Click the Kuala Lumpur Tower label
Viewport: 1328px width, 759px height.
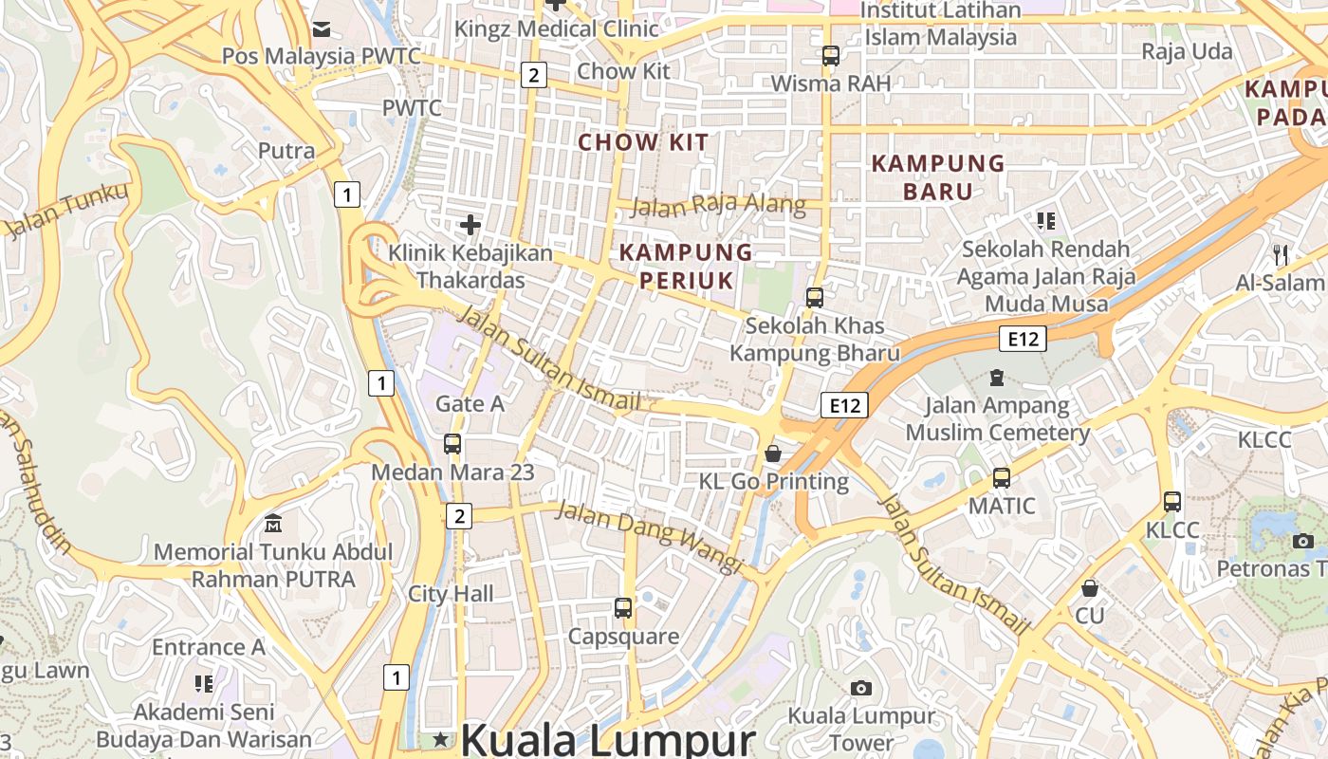click(x=861, y=729)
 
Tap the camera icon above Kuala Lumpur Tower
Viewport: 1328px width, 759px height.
click(x=861, y=688)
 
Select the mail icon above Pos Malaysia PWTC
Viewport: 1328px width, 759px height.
click(x=321, y=29)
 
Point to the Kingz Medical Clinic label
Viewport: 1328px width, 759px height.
click(x=556, y=28)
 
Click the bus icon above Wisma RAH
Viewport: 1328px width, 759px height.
click(x=831, y=56)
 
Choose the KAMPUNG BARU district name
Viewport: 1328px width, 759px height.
click(x=938, y=177)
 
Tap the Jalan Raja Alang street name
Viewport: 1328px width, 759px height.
click(x=718, y=205)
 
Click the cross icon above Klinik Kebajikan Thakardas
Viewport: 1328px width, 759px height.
click(x=470, y=225)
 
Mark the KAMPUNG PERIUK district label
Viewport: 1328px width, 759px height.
click(x=686, y=267)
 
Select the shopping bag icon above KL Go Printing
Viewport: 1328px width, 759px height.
click(x=773, y=454)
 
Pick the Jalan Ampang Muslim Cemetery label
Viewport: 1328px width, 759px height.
click(x=997, y=419)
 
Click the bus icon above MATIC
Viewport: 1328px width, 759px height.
click(x=1002, y=478)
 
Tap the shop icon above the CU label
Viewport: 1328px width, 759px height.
click(x=1090, y=588)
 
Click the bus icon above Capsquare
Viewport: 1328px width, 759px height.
click(x=623, y=608)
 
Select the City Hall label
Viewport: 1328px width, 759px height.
click(x=451, y=594)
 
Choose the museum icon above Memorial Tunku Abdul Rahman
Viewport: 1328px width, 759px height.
click(x=273, y=523)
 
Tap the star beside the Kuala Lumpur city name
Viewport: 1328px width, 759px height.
click(x=440, y=739)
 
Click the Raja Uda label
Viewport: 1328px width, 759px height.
click(x=1187, y=51)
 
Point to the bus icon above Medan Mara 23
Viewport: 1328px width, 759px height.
click(x=452, y=444)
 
